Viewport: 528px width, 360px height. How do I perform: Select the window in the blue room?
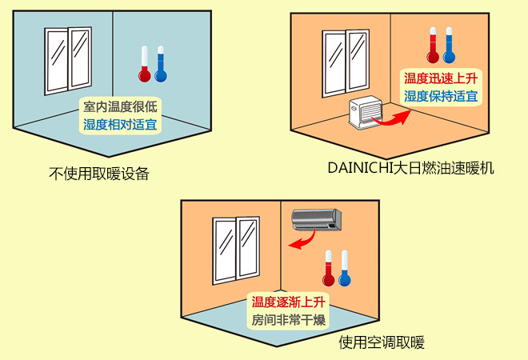pyautogui.click(x=68, y=61)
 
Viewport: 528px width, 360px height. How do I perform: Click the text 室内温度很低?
pyautogui.click(x=120, y=106)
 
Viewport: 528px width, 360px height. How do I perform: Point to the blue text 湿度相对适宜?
pyautogui.click(x=120, y=124)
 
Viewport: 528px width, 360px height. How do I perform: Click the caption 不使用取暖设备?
pyautogui.click(x=99, y=174)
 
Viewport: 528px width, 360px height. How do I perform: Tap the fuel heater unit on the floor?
pyautogui.click(x=366, y=113)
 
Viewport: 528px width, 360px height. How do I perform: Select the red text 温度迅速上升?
pyautogui.click(x=441, y=78)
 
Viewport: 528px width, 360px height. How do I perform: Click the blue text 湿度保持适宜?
pyautogui.click(x=441, y=96)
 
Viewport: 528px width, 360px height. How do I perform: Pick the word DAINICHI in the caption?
pyautogui.click(x=360, y=168)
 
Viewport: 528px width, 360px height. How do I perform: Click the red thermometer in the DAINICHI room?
pyautogui.click(x=433, y=45)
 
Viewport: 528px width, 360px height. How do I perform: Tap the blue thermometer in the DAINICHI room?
pyautogui.click(x=449, y=45)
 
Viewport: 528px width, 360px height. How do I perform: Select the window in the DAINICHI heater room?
pyautogui.click(x=346, y=63)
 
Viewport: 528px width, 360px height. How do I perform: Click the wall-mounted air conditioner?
pyautogui.click(x=317, y=219)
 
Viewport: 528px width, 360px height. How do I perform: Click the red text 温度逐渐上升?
pyautogui.click(x=289, y=302)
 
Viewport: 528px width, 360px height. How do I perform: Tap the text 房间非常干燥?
pyautogui.click(x=289, y=319)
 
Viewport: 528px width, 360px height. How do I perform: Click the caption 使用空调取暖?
pyautogui.click(x=382, y=342)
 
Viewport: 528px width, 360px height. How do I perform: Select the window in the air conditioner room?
pyautogui.click(x=236, y=250)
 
